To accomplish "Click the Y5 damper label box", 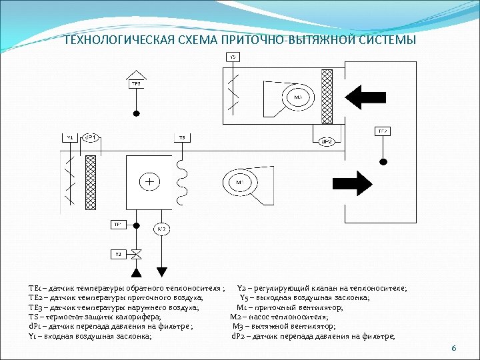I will point(233,57).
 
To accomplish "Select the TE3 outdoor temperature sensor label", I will point(135,84).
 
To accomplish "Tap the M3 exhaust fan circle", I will point(297,97).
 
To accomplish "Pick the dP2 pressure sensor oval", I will point(327,141).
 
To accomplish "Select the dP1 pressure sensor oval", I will point(91,137).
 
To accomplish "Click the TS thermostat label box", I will point(181,137).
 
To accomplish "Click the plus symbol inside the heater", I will point(150,181).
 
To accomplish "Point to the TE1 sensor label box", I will point(117,224).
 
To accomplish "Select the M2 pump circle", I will point(162,229).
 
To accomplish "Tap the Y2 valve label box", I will point(118,254).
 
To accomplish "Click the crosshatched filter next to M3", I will point(327,97).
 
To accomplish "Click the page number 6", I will point(453,348).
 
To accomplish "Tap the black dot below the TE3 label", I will point(136,112).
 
